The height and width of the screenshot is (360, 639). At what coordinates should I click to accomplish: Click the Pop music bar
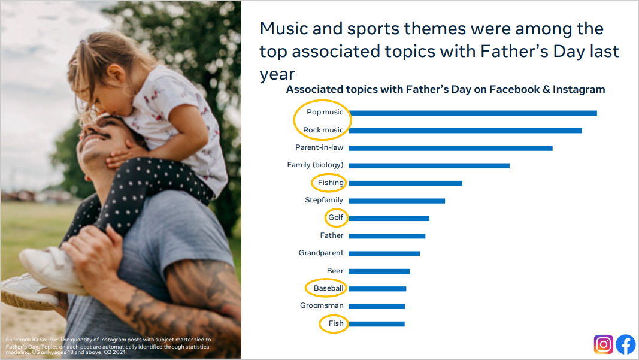(x=473, y=113)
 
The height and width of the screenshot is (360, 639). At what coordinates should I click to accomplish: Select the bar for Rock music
(x=465, y=131)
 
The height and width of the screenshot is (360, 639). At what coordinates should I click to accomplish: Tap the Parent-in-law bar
(x=451, y=148)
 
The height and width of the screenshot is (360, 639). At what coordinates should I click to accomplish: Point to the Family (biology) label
(x=315, y=165)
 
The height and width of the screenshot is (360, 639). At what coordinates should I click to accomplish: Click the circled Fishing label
(x=331, y=183)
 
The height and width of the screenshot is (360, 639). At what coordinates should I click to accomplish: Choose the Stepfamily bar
(x=397, y=201)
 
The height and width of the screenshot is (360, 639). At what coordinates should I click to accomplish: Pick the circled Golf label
(x=336, y=217)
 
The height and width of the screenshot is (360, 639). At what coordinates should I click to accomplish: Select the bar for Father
(x=387, y=236)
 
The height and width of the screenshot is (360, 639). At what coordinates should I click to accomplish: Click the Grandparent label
(x=321, y=253)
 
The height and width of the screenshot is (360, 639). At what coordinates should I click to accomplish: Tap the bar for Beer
(x=379, y=271)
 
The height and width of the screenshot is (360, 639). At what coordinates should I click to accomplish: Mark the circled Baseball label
(x=328, y=288)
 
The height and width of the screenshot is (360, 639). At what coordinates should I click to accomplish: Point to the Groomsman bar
(x=377, y=306)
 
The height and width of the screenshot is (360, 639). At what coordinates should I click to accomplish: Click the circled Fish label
(x=336, y=323)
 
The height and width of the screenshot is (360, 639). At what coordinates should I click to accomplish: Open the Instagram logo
(x=604, y=344)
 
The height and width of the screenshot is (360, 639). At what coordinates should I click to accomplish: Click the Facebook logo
(x=626, y=344)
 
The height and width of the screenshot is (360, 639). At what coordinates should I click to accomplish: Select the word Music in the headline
(x=284, y=29)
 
